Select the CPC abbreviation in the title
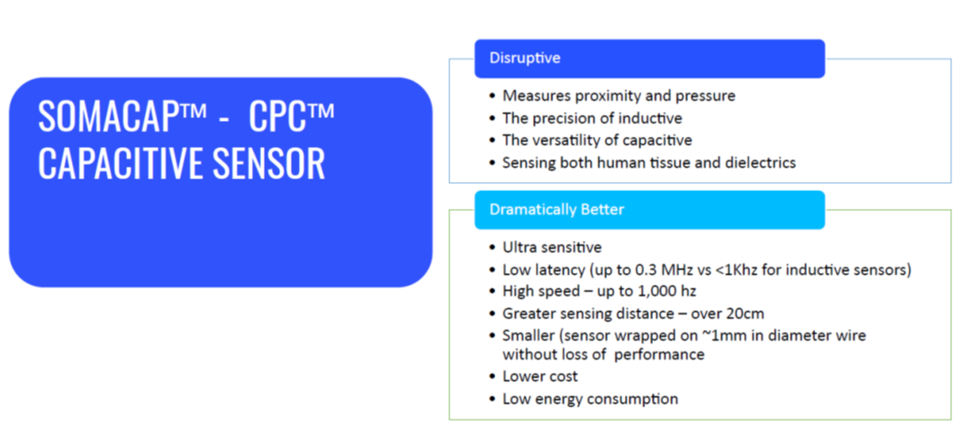278,115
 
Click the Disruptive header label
524,58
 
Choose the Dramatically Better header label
557,209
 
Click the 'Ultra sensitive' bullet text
552,247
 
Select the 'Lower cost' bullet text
540,376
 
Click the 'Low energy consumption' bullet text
590,398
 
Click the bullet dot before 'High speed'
493,292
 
